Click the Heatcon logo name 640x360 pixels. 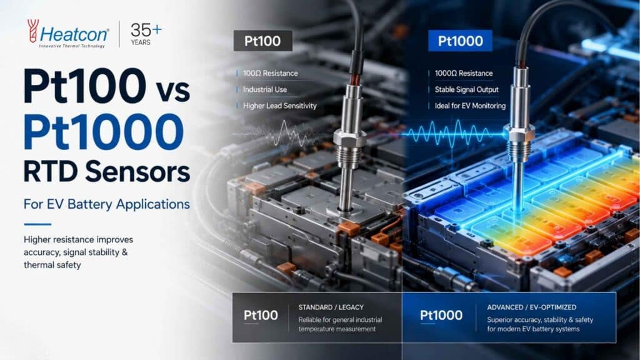coord(74,34)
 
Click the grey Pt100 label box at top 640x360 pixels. coord(263,41)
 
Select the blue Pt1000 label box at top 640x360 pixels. coord(460,41)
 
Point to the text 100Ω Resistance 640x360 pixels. coord(270,74)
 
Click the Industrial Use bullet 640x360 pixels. coord(265,89)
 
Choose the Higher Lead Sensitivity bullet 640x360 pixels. coord(279,106)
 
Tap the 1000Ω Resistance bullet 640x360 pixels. coord(464,74)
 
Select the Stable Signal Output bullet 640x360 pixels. coord(466,89)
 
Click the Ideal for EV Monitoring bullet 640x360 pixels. coord(470,106)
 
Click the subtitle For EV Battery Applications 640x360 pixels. coord(106,204)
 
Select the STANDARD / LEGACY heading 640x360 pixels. coord(331,307)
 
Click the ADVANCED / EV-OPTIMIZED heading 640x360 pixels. coord(531,307)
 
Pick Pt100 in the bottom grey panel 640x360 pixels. coord(261,315)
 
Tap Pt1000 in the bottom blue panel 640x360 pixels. coord(441,315)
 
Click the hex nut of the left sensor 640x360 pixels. coord(349,137)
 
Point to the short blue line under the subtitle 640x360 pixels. coord(37,224)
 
